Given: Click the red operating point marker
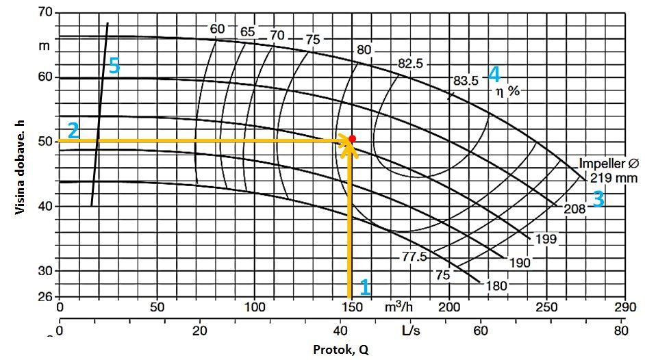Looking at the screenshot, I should [x=352, y=138].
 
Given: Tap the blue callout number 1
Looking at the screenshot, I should [x=365, y=287].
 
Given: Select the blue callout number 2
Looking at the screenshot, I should [x=73, y=130].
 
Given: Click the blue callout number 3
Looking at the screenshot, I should [x=598, y=199].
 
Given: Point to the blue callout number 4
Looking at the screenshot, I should [x=494, y=74].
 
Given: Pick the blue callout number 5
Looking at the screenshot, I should [x=114, y=66].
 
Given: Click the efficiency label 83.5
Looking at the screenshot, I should [x=466, y=80].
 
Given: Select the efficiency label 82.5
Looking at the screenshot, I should [x=411, y=64].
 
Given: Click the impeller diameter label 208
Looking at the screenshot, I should [x=574, y=209].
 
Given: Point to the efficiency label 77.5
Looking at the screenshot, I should [x=414, y=257].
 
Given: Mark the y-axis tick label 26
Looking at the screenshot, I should [x=44, y=297].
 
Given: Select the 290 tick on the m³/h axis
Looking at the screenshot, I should [x=624, y=307].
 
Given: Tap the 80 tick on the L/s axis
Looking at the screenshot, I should [x=621, y=331].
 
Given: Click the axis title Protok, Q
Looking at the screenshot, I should [x=340, y=350].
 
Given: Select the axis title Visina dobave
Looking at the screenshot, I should [x=21, y=164].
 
